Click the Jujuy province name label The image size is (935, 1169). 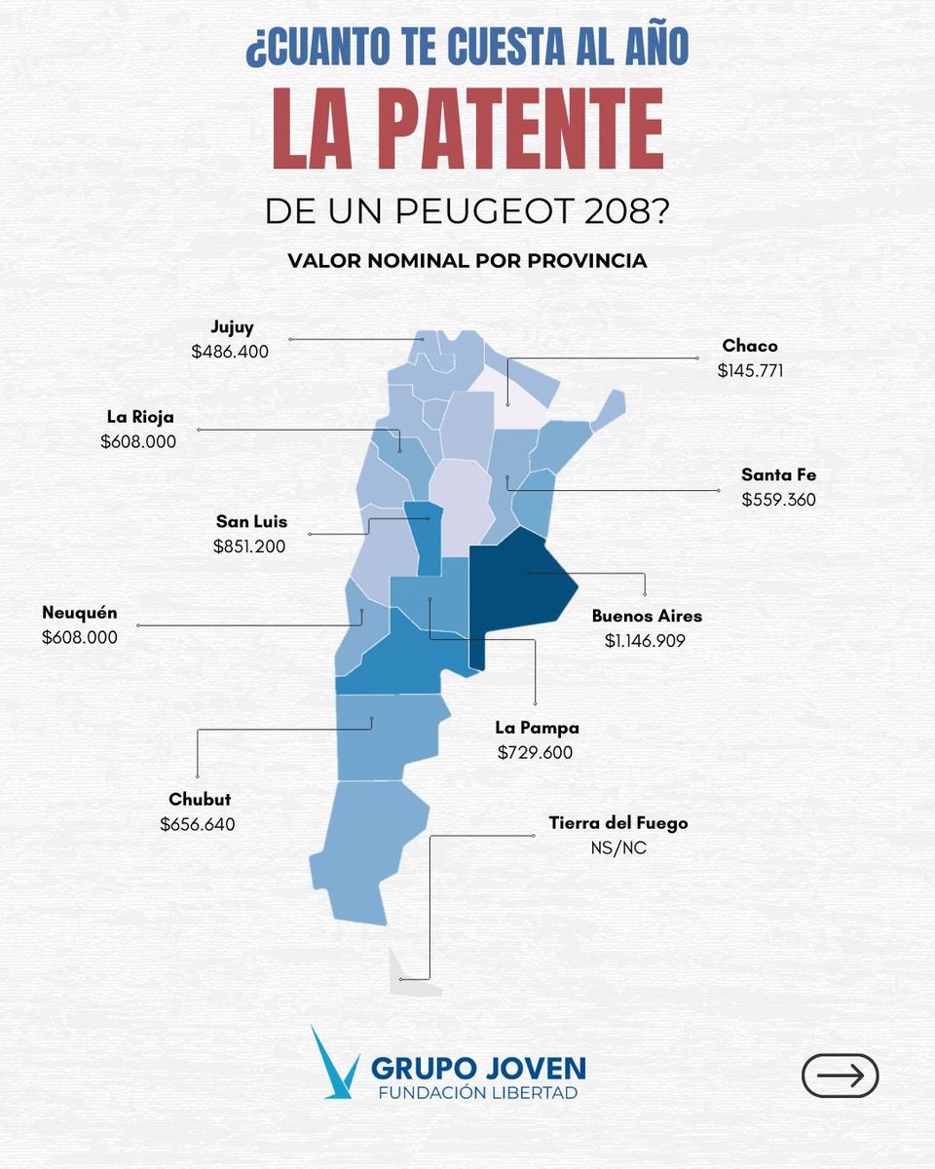tap(232, 327)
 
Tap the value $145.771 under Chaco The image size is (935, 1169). tap(750, 371)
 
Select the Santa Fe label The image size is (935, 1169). tap(778, 475)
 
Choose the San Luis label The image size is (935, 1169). tap(251, 521)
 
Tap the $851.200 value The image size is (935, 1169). tap(249, 547)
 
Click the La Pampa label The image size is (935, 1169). tap(537, 728)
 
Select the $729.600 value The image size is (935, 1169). tap(535, 753)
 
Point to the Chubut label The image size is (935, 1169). tap(200, 799)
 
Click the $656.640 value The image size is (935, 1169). tap(198, 824)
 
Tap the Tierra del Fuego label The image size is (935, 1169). tap(618, 823)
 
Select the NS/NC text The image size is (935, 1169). tap(618, 848)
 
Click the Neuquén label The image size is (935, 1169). tap(80, 613)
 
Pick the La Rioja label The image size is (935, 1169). tap(140, 417)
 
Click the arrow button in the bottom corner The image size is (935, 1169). tap(840, 1075)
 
